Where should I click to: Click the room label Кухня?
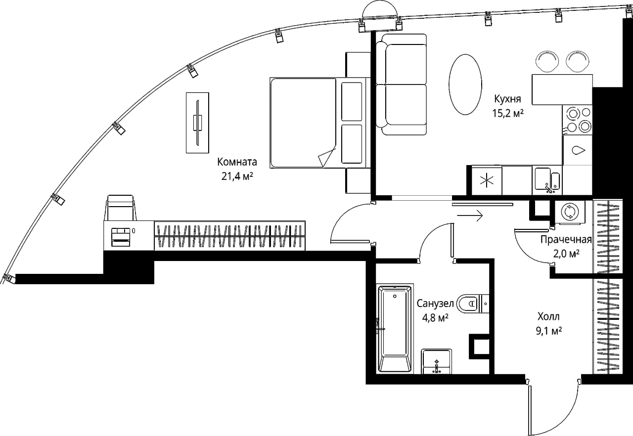[507, 99]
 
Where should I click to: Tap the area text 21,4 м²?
[237, 176]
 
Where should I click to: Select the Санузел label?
[435, 304]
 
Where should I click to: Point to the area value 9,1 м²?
[549, 331]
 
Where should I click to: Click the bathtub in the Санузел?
[395, 329]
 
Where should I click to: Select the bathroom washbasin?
[436, 361]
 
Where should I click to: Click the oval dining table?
[465, 85]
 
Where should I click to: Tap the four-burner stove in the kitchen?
[577, 120]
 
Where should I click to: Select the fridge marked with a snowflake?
[487, 180]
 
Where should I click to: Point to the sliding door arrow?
[470, 216]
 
